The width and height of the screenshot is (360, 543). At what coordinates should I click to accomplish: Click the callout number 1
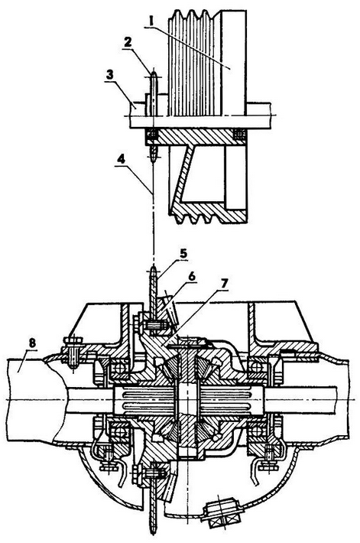click(150, 21)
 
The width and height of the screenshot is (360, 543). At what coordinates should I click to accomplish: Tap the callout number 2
click(128, 42)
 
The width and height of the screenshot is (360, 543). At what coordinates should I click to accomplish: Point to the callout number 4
click(121, 159)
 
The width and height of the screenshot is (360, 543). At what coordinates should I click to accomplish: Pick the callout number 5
click(183, 253)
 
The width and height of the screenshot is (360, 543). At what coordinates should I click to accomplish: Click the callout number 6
click(193, 276)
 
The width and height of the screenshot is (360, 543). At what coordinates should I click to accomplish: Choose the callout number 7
click(223, 284)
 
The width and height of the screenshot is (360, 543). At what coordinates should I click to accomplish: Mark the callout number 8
click(32, 343)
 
